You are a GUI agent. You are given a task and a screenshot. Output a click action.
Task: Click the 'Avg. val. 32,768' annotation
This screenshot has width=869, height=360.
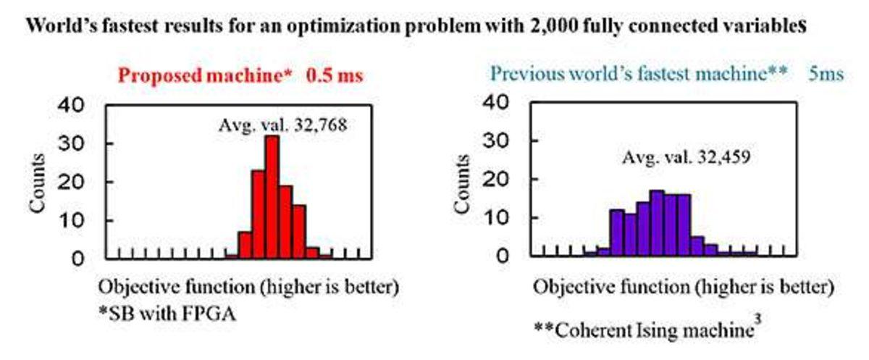click(283, 125)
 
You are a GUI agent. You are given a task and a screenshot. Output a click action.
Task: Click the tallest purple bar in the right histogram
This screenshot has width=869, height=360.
click(657, 223)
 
